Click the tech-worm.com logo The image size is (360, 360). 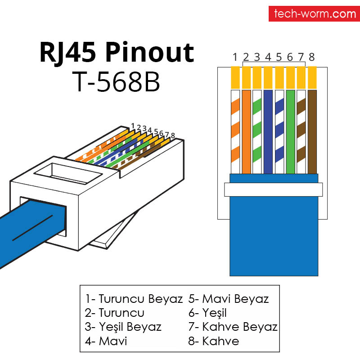point(315,14)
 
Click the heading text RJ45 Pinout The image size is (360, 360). point(117,53)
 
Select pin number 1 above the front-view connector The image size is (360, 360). point(235,57)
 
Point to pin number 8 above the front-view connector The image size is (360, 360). point(311,57)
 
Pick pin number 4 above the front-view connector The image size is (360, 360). point(268,57)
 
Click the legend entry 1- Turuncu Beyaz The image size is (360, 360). point(134,299)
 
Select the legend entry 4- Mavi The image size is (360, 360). point(106,341)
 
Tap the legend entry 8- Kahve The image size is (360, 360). point(213,341)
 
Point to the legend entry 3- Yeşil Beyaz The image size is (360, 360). point(122,327)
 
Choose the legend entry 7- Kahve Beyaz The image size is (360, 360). point(233,327)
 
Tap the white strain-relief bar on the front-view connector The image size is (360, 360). point(273,189)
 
